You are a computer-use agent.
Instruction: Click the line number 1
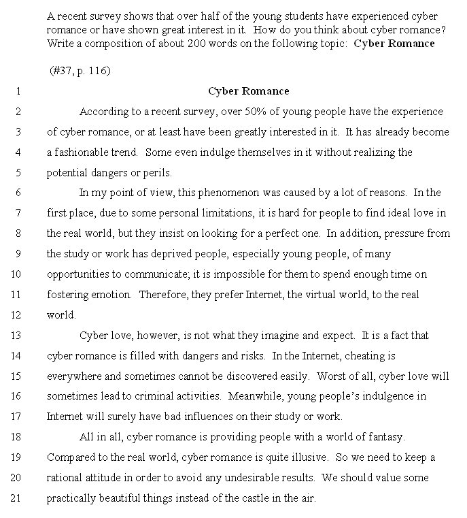point(18,91)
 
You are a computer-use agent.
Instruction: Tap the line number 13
point(17,336)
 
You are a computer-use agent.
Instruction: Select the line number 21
point(17,498)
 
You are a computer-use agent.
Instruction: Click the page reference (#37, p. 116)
point(80,70)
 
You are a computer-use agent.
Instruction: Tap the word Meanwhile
point(258,396)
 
